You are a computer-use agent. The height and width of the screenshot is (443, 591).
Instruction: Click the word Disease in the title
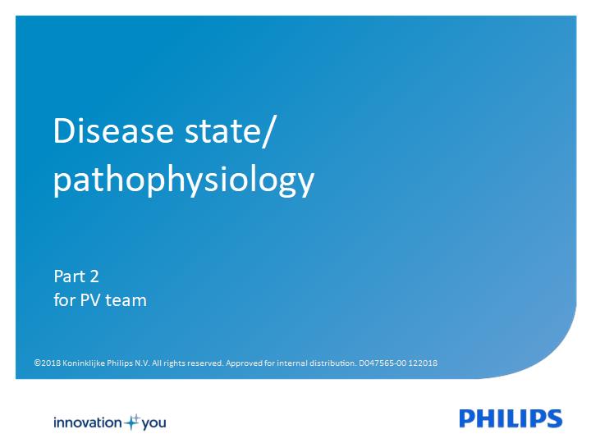click(x=113, y=130)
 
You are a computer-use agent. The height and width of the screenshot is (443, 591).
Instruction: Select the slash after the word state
click(x=268, y=131)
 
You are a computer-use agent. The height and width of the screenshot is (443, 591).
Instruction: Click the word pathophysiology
click(x=184, y=180)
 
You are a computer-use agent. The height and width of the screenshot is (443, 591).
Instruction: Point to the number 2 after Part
click(x=94, y=277)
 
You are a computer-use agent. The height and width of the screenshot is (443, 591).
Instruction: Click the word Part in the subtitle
click(x=70, y=276)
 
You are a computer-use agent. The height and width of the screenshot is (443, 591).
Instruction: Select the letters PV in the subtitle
click(x=90, y=300)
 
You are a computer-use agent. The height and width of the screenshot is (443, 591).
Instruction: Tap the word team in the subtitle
click(x=126, y=301)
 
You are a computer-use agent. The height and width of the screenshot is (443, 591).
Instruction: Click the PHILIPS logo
click(x=511, y=418)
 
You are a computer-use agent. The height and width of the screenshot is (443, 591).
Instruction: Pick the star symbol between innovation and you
click(x=132, y=422)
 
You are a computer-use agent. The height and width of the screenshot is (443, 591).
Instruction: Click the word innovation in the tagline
click(x=88, y=422)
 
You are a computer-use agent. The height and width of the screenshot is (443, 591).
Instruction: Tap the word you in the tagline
click(x=153, y=424)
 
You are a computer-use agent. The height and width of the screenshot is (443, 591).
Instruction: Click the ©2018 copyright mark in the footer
click(x=47, y=363)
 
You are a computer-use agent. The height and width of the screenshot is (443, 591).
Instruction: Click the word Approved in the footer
click(x=244, y=363)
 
